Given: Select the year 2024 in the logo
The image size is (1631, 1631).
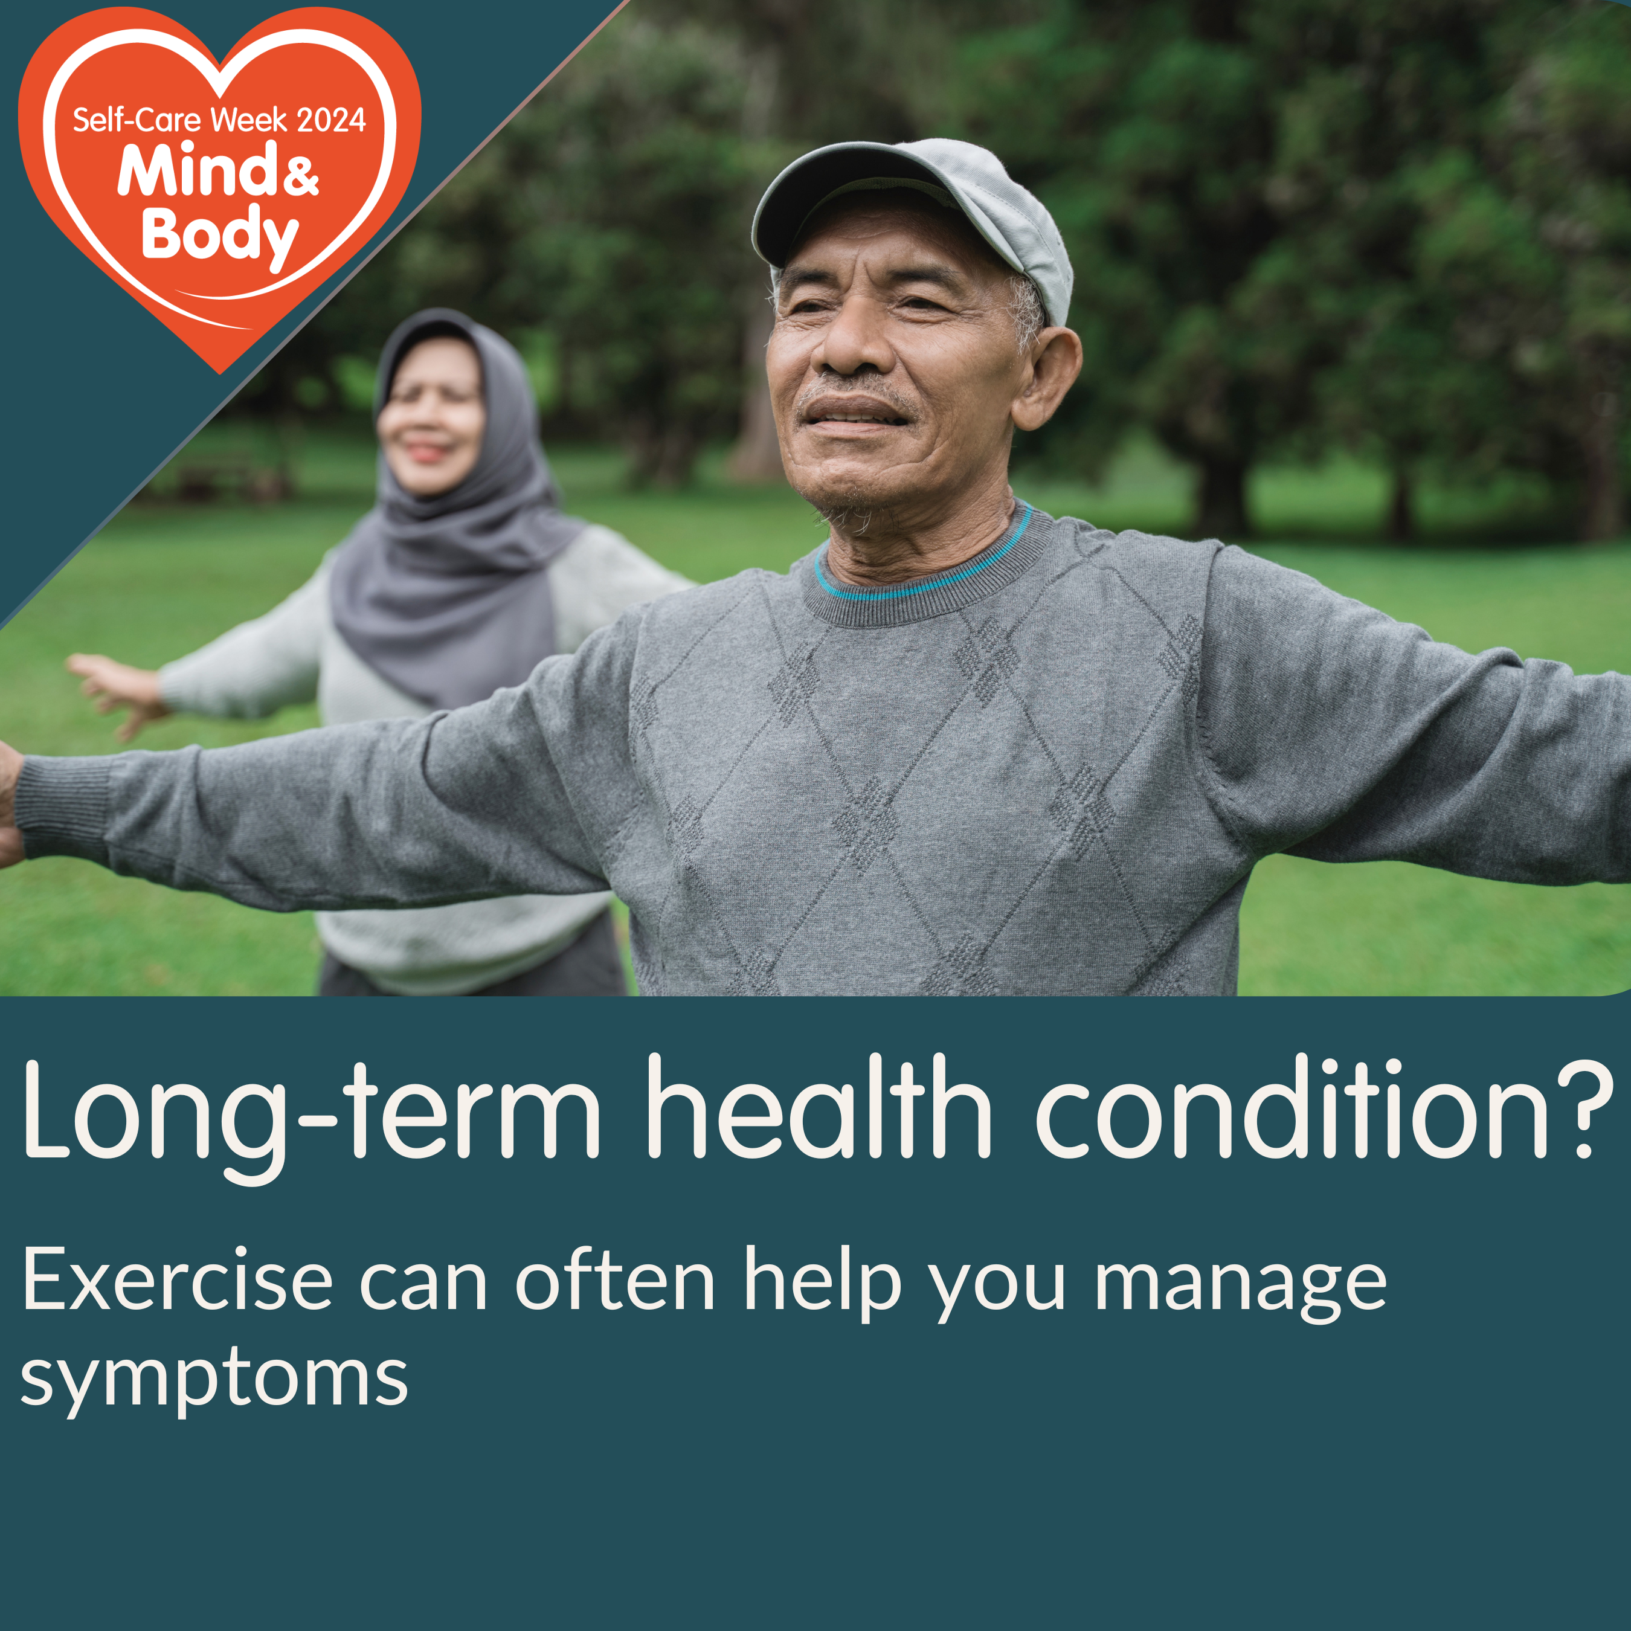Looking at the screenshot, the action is pyautogui.click(x=331, y=121).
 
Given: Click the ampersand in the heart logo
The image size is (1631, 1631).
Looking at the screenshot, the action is pyautogui.click(x=298, y=176).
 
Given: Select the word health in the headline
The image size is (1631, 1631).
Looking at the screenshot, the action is pyautogui.click(x=820, y=1107).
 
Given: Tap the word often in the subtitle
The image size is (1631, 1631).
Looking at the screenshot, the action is pyautogui.click(x=616, y=1280).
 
